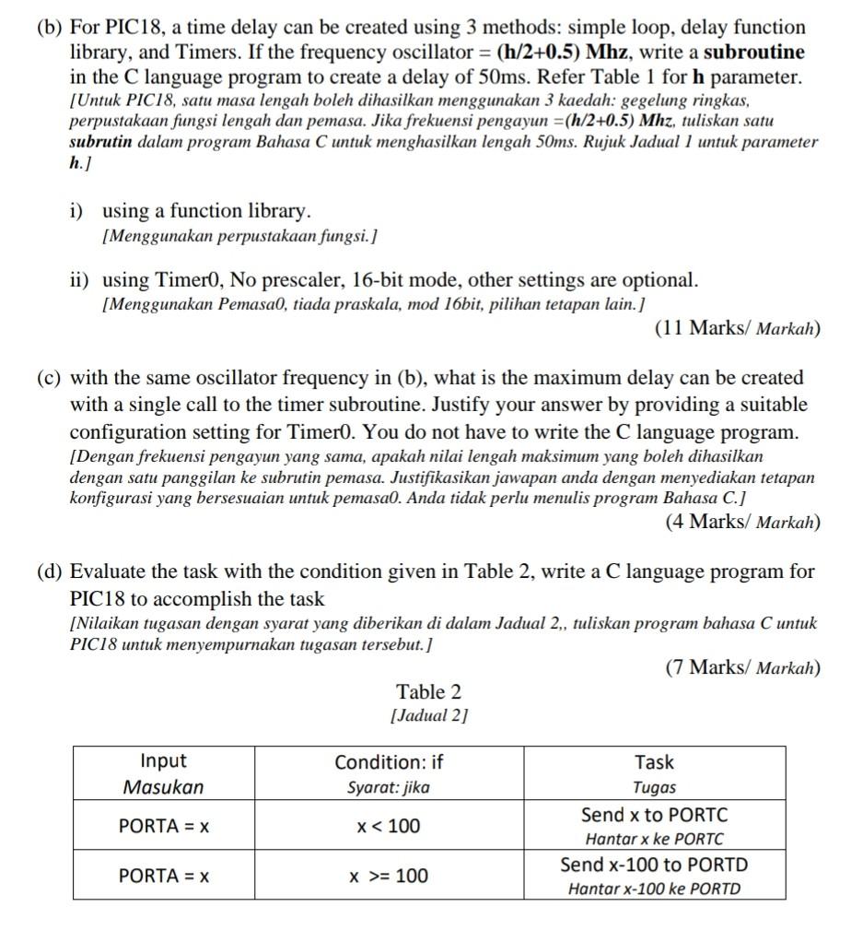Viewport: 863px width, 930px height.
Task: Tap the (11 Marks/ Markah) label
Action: point(737,328)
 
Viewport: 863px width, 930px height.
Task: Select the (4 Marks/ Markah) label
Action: point(742,522)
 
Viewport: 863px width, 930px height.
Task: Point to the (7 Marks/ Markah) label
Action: point(742,667)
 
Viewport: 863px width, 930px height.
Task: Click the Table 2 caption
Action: point(428,692)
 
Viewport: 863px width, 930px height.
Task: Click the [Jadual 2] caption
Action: point(428,715)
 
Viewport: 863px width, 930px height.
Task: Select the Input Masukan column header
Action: point(164,773)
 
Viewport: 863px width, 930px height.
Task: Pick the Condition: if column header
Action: point(388,773)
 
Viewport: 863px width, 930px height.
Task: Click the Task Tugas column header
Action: point(654,773)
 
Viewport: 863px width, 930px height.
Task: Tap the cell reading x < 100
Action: point(388,826)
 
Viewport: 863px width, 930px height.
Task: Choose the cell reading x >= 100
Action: point(388,876)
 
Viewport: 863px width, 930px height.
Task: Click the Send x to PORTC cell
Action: point(654,826)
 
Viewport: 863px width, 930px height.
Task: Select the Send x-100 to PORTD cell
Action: point(654,876)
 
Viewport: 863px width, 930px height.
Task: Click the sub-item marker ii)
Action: point(80,279)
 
